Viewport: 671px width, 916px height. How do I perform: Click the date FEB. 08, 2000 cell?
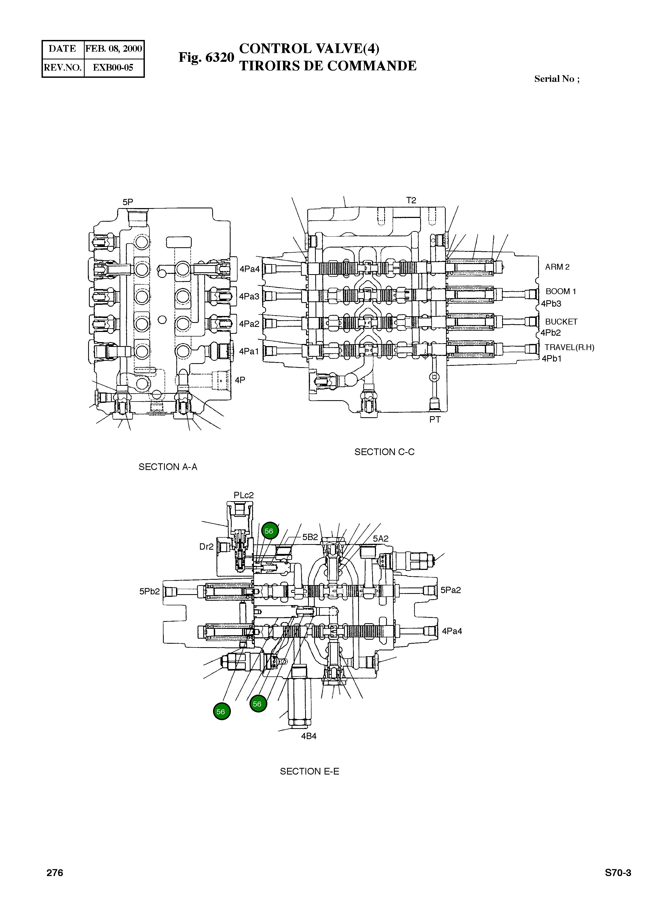pos(114,49)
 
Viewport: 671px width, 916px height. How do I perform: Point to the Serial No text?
pos(557,79)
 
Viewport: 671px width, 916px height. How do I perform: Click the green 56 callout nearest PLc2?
pos(269,531)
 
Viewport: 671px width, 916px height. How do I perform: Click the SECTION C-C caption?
pos(384,452)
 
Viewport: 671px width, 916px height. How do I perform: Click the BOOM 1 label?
pos(560,291)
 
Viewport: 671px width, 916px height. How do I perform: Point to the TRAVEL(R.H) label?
pos(569,347)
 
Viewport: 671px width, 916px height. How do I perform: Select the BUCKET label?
pos(561,322)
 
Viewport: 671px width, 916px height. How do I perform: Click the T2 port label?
pos(411,200)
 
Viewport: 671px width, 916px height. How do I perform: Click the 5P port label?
pos(128,202)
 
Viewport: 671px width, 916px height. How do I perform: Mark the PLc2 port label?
pos(243,495)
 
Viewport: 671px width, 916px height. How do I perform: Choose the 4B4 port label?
pos(309,736)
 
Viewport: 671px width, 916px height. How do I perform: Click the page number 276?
pos(55,873)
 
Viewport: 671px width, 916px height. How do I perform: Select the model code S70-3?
pos(617,873)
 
